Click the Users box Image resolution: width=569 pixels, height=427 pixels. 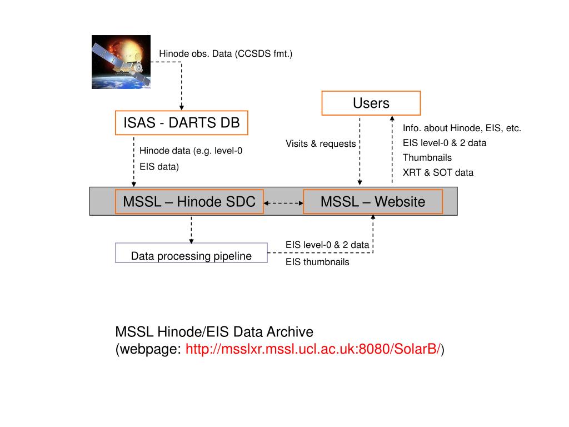pyautogui.click(x=371, y=103)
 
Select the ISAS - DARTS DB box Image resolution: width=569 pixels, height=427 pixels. pyautogui.click(x=181, y=122)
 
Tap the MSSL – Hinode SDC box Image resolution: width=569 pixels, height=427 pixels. pyautogui.click(x=189, y=201)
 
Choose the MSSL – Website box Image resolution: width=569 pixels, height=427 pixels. pyautogui.click(x=373, y=201)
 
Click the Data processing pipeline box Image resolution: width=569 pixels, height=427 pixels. pyautogui.click(x=191, y=256)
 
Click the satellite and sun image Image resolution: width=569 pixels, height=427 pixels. pyautogui.click(x=121, y=62)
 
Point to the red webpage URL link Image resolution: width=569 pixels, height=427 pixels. pyautogui.click(x=314, y=349)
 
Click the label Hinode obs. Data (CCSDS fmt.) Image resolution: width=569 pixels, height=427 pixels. pyautogui.click(x=226, y=53)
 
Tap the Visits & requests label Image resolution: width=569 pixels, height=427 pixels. pyautogui.click(x=321, y=143)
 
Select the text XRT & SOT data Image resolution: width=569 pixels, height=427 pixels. pyautogui.click(x=438, y=172)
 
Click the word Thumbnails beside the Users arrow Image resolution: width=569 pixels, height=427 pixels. pyautogui.click(x=427, y=157)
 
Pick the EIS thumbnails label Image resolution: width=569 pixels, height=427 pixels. pyautogui.click(x=317, y=262)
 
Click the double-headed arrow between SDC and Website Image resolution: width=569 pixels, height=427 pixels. pyautogui.click(x=283, y=203)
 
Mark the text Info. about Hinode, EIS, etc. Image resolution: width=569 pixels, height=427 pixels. pyautogui.click(x=462, y=128)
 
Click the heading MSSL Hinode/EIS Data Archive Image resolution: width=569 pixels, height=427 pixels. pyautogui.click(x=214, y=332)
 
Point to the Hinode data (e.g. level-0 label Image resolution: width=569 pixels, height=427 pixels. pyautogui.click(x=191, y=151)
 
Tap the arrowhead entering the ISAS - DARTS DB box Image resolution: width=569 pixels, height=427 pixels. pyautogui.click(x=181, y=107)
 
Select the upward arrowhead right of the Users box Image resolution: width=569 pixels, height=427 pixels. pyautogui.click(x=392, y=119)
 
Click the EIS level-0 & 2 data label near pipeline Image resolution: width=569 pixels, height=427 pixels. pyautogui.click(x=327, y=244)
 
